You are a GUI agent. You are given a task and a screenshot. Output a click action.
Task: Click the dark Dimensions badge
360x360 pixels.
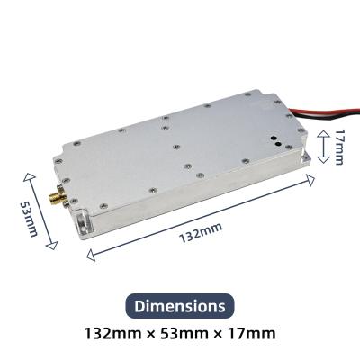180,306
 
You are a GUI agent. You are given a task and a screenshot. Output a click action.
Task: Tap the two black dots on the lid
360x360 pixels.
273,140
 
